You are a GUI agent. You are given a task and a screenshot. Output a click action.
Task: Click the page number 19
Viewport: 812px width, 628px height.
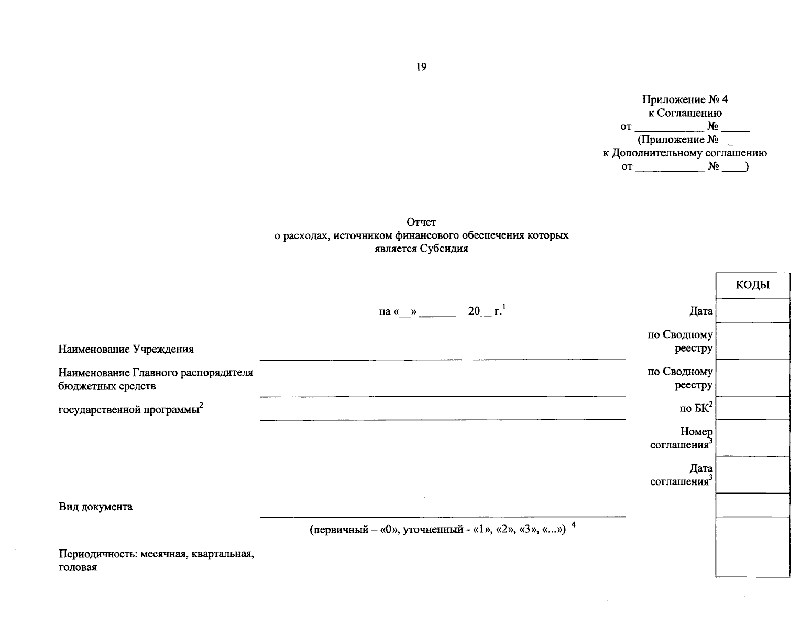421,67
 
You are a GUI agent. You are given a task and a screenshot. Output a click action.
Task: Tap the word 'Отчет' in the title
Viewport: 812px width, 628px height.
421,222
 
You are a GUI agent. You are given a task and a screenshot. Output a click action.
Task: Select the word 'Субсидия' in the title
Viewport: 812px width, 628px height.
443,249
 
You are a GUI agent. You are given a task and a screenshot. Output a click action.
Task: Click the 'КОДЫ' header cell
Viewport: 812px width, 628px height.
752,285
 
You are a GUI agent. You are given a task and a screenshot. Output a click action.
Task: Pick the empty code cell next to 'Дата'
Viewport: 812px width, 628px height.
752,311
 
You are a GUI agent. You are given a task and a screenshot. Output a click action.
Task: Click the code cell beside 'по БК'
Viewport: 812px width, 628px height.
752,408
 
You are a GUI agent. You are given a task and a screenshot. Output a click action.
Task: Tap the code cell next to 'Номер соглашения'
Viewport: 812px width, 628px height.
752,438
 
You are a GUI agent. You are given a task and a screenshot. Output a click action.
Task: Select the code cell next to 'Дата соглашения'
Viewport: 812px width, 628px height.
752,475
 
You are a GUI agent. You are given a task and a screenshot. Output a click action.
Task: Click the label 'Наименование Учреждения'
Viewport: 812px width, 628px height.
126,349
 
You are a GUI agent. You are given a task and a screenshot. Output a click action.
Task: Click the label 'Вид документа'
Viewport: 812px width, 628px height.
95,507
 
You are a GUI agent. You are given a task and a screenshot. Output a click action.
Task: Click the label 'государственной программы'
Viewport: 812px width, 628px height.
128,410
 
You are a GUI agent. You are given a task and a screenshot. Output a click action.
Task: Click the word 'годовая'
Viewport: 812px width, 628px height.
78,567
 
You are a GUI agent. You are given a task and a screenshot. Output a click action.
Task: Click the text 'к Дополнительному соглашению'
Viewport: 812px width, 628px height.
685,153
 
